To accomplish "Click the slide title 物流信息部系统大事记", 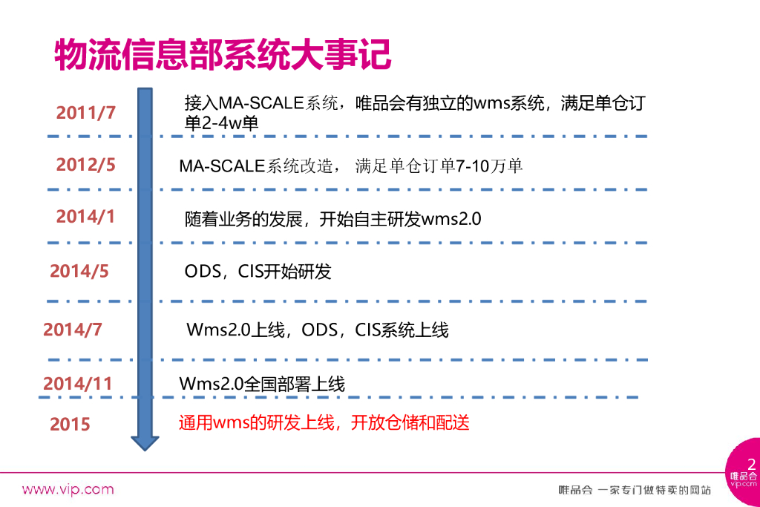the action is (223, 54).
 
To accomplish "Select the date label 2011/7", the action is (86, 114).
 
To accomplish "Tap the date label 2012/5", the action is (86, 165).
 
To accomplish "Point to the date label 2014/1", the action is (86, 217).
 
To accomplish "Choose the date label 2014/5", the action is (79, 272).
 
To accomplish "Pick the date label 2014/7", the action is (73, 330).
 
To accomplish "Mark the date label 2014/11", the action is (77, 384).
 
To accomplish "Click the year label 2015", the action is (70, 425).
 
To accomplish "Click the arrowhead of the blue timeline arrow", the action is (145, 441).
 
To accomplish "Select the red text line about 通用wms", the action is (324, 423).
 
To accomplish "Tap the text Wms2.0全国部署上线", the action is (262, 385).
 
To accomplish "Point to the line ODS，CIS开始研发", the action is (258, 272).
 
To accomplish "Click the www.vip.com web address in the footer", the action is (68, 489).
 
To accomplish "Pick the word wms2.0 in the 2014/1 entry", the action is (451, 220).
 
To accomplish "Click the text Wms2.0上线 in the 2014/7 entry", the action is (236, 330).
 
